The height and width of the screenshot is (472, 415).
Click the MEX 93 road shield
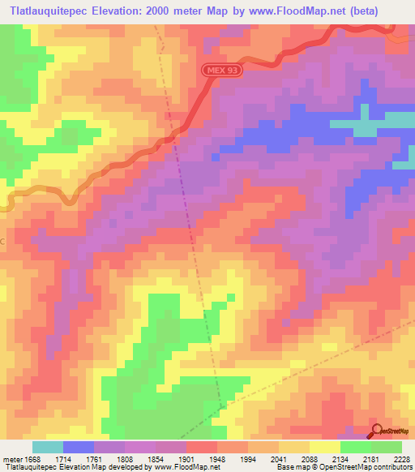[x=222, y=71]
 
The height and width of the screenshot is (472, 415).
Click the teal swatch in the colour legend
[x=47, y=447]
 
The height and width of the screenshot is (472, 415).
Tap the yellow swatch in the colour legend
[x=324, y=447]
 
